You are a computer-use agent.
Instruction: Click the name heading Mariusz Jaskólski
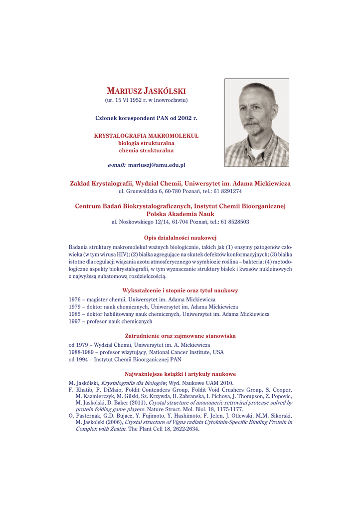pos(146,91)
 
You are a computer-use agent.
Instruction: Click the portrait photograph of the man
pos(256,123)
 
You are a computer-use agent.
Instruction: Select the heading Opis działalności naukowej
pos(180,238)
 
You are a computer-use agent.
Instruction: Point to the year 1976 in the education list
pos(75,299)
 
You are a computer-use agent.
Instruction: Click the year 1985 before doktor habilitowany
pos(75,314)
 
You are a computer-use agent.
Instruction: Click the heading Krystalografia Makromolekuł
pos(146,135)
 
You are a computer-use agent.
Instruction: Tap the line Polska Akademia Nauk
pos(180,214)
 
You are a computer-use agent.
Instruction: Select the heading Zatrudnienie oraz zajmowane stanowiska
pos(180,336)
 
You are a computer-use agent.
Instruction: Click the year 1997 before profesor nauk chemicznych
pos(75,321)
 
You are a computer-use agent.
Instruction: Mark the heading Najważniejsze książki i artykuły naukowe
pos(180,374)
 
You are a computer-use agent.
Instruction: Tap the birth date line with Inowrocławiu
pos(146,100)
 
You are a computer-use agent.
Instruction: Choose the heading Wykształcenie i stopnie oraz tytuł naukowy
pos(180,290)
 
